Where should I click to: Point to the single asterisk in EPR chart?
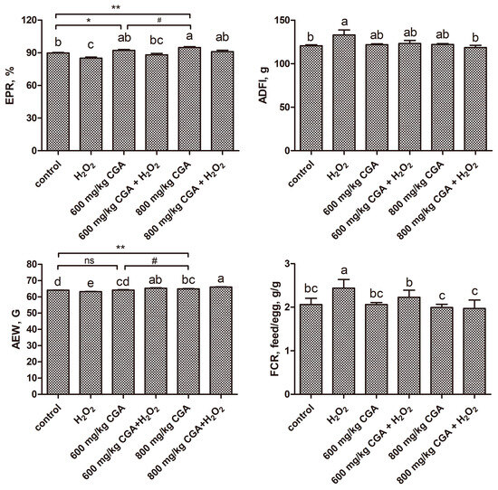[x=89, y=21]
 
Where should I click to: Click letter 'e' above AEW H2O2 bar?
[x=89, y=283]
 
